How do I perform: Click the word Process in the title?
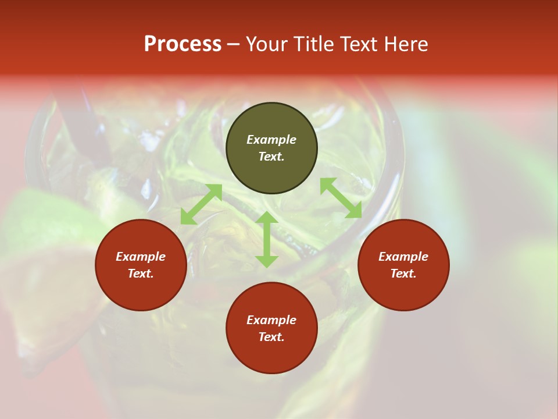tap(183, 44)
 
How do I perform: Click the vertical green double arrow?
tap(267, 239)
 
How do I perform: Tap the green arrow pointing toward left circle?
tap(201, 204)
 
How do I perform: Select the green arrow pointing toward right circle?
tap(341, 198)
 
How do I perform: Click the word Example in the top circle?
tap(271, 140)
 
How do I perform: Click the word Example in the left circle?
tap(141, 257)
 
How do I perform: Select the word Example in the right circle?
tap(403, 257)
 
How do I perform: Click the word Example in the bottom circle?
tap(271, 320)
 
